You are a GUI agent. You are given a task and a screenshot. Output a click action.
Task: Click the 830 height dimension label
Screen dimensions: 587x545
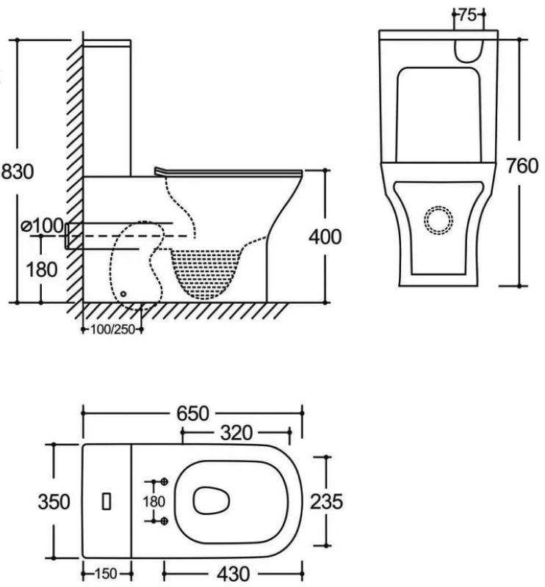[17, 172]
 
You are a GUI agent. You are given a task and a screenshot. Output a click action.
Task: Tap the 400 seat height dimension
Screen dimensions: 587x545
[325, 237]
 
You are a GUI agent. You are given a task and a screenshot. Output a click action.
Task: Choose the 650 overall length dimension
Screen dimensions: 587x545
[193, 413]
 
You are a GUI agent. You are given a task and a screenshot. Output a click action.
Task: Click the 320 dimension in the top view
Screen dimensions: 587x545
[237, 434]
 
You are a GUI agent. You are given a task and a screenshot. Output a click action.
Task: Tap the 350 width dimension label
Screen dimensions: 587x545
[54, 502]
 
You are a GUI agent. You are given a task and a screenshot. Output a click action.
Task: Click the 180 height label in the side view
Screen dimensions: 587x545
[42, 269]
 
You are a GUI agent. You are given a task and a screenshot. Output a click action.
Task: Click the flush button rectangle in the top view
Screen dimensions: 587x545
[107, 501]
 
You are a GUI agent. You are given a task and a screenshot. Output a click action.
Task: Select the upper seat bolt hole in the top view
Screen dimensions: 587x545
[165, 481]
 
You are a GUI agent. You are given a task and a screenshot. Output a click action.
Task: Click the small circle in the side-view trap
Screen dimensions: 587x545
[123, 293]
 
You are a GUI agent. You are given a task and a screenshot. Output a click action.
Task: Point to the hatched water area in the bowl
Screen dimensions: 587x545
[208, 267]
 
